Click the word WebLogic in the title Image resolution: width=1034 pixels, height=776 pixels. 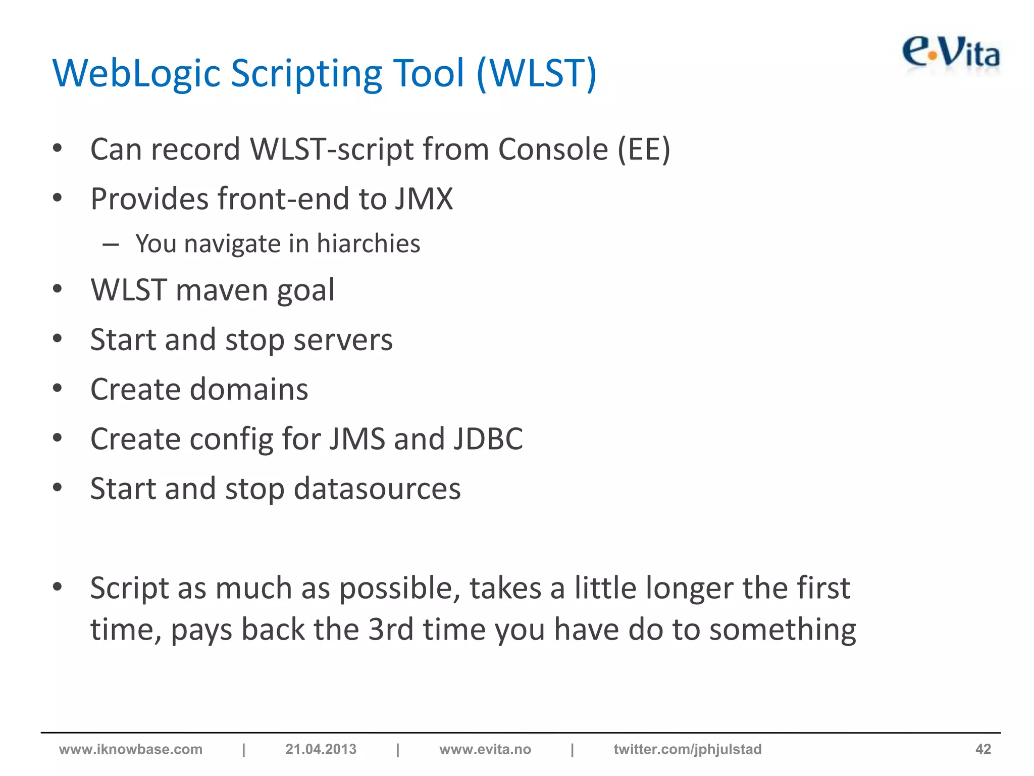136,73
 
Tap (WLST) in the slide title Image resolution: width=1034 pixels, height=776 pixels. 536,73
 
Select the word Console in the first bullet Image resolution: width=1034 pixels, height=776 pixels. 553,150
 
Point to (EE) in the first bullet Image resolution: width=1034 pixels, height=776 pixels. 644,150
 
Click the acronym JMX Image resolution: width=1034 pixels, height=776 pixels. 424,199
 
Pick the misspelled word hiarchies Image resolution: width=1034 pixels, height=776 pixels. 368,244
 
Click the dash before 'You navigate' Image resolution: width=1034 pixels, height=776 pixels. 111,245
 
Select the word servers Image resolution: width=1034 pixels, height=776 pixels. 343,339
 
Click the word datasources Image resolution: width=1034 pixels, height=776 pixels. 377,489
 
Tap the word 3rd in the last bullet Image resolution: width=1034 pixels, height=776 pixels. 390,630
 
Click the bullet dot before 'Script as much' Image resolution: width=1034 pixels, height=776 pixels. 57,587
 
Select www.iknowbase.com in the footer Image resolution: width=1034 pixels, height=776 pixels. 131,749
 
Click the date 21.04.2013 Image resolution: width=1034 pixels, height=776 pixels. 321,749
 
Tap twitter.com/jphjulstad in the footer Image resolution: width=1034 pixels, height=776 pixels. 687,749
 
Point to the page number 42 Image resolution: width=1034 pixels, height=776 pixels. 983,749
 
